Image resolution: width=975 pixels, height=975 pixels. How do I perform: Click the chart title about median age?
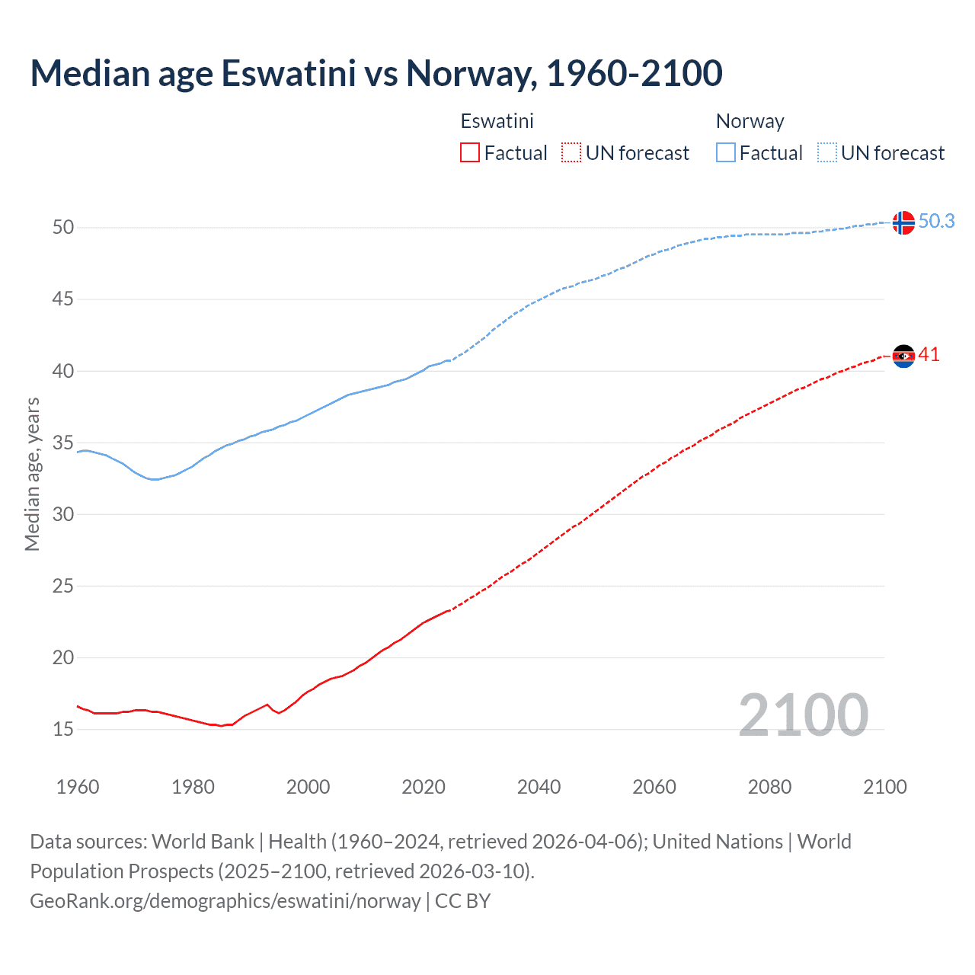click(x=376, y=73)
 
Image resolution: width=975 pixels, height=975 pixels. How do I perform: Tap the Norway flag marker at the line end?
click(x=903, y=222)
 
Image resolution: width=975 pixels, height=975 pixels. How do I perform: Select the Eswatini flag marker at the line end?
click(x=903, y=356)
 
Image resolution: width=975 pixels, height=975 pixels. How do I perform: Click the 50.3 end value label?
click(x=936, y=221)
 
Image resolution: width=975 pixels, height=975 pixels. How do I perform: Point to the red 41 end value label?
click(x=929, y=355)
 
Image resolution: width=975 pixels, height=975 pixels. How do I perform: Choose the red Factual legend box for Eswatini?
click(x=470, y=153)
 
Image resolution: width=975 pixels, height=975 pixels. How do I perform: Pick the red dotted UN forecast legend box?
click(x=571, y=153)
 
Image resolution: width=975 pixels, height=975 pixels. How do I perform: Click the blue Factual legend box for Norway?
click(x=725, y=153)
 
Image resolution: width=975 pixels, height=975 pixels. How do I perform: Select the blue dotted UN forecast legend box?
click(x=826, y=153)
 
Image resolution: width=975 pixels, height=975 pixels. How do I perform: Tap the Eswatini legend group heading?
click(x=497, y=121)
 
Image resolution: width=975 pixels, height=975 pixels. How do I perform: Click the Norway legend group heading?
click(x=750, y=121)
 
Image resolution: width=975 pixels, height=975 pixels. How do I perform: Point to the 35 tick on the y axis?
click(x=63, y=443)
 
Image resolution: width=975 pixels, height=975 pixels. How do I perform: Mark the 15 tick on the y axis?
click(x=63, y=730)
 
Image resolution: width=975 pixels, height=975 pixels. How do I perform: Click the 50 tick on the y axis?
click(x=63, y=228)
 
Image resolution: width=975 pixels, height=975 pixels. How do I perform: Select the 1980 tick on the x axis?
click(x=193, y=787)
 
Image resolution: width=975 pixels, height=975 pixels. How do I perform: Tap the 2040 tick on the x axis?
click(x=539, y=787)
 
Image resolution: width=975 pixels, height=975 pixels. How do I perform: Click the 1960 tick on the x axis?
click(x=78, y=787)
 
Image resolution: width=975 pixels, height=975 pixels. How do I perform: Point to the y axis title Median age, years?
click(x=32, y=474)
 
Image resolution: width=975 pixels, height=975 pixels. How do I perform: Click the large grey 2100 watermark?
click(x=803, y=714)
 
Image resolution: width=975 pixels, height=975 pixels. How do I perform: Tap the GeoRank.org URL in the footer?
click(x=225, y=901)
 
